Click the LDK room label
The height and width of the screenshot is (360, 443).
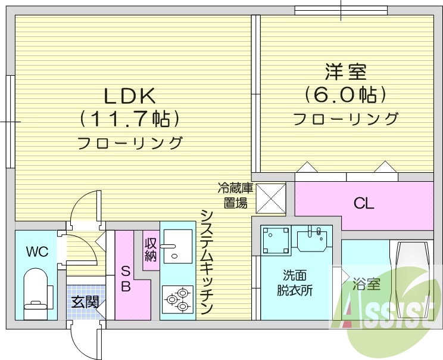[x=129, y=96]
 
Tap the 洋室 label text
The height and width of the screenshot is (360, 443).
[x=345, y=73]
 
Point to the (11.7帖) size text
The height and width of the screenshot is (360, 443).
[x=129, y=120]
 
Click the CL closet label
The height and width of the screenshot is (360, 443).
[x=364, y=204]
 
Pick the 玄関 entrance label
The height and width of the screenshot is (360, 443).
[x=85, y=302]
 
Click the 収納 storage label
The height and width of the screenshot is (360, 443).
[x=151, y=249]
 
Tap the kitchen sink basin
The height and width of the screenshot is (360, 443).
[x=177, y=246]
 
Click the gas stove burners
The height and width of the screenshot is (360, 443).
[x=177, y=299]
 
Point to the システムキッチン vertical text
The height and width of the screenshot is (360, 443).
[x=206, y=262]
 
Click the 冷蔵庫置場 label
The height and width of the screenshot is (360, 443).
[x=236, y=195]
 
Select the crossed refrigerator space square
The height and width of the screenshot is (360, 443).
[x=271, y=198]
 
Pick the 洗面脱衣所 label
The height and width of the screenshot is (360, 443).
[x=295, y=283]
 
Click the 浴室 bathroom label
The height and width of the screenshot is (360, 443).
[x=366, y=284]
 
